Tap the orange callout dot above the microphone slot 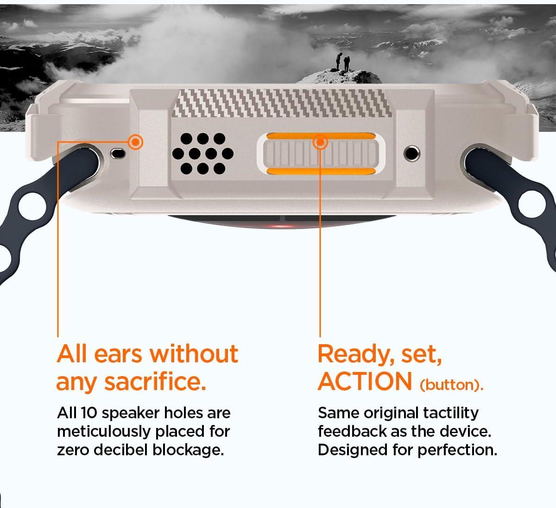136,142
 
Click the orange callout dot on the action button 320,142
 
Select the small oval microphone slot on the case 118,153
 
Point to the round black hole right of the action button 411,153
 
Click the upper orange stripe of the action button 321,136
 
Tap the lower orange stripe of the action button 321,171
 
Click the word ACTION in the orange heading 365,381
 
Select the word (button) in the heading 451,385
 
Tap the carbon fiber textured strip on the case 282,103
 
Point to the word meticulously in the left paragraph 104,432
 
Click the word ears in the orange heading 118,355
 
